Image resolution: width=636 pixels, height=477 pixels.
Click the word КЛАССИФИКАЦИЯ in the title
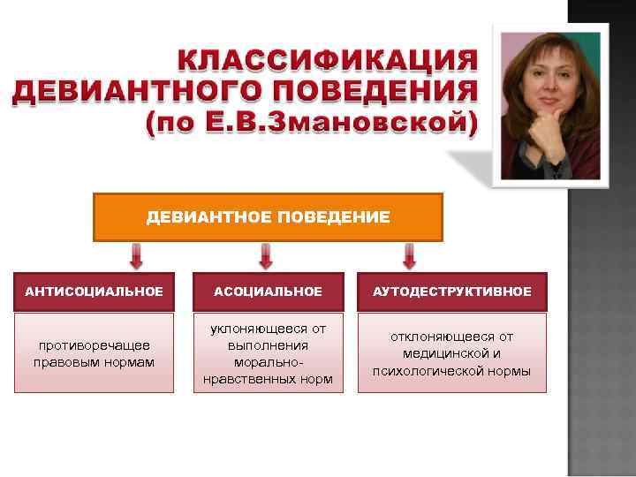[327, 62]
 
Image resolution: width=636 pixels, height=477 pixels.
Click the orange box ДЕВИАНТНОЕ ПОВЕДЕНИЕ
[268, 217]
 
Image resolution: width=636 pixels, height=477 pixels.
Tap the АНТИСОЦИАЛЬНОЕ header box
[94, 291]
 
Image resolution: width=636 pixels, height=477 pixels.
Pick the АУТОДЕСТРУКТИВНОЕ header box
[451, 291]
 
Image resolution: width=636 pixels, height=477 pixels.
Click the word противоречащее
[94, 345]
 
